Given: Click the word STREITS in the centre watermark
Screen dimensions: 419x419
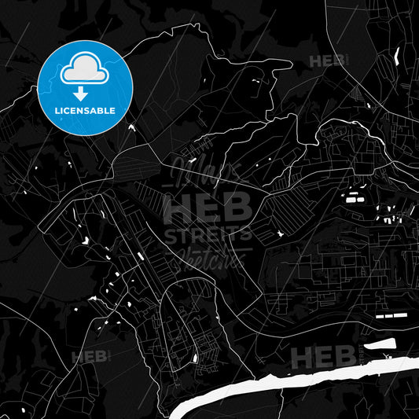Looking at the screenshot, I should [208, 233].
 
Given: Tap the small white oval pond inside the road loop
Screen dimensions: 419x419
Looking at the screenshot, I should [193, 358].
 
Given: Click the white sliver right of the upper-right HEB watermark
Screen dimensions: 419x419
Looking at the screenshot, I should [396, 57].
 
